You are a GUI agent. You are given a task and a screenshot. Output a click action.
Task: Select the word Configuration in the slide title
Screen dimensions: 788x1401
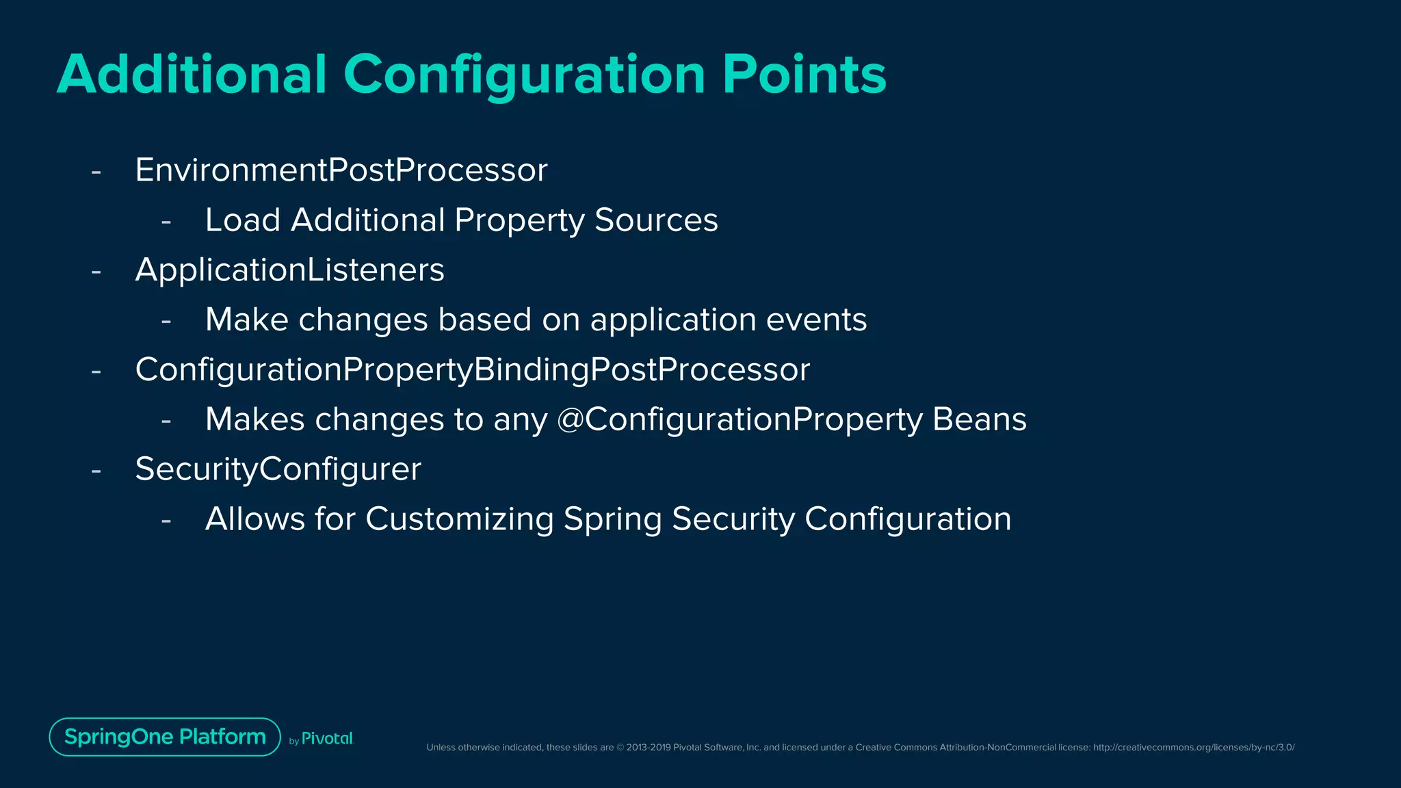524,75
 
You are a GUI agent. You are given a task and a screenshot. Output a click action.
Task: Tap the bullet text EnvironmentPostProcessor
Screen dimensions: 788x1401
341,170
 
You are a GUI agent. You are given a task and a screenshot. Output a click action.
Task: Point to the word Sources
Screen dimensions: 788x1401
656,220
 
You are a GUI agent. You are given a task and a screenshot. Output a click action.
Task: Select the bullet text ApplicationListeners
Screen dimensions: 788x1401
289,270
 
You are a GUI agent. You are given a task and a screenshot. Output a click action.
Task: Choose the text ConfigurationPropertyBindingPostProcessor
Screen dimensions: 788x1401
472,369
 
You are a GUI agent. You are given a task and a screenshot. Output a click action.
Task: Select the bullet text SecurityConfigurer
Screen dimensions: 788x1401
278,469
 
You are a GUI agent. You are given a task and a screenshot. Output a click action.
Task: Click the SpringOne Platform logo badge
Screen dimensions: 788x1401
165,737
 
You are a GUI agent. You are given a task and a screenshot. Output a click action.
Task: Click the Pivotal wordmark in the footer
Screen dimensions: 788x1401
327,739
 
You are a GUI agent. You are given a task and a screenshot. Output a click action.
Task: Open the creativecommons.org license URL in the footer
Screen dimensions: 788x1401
1193,748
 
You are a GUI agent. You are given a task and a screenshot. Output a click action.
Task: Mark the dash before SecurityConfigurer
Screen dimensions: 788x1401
96,471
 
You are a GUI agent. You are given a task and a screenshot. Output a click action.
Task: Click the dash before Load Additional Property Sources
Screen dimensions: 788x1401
166,222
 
